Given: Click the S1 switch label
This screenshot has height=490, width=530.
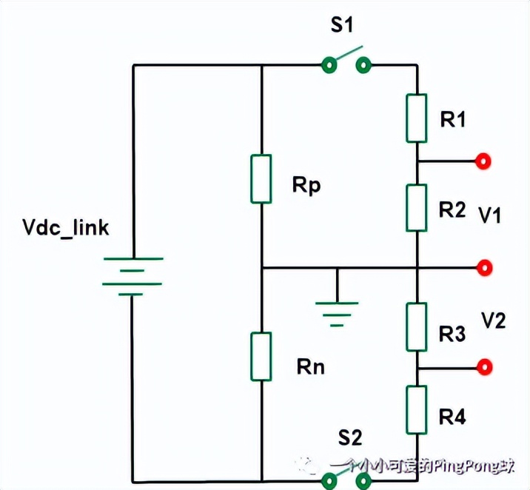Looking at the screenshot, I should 342,26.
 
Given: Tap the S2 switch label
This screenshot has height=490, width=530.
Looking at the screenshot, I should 350,437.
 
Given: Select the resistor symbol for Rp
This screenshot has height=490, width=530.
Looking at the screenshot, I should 261,178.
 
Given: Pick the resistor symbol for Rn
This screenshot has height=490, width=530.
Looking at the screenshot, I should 261,357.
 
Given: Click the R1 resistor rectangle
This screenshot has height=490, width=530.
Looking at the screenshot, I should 417,118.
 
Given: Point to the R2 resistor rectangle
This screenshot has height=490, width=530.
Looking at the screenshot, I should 417,208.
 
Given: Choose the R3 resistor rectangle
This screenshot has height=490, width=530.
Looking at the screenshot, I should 417,326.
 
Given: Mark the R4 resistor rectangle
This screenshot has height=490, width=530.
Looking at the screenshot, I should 417,409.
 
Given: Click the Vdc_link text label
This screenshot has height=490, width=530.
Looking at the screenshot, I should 66,227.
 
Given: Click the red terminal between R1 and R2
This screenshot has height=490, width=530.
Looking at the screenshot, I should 485,161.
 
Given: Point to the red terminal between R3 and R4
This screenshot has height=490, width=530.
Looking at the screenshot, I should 485,366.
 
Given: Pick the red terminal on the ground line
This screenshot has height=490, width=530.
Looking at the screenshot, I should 485,266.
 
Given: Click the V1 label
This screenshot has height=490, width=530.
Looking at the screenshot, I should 490,215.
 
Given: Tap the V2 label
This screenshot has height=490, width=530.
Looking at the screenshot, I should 493,320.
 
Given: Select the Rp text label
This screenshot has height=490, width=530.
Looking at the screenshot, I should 306,185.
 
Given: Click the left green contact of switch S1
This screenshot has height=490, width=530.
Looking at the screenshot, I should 329,66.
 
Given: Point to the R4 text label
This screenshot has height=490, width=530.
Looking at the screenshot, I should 452,417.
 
